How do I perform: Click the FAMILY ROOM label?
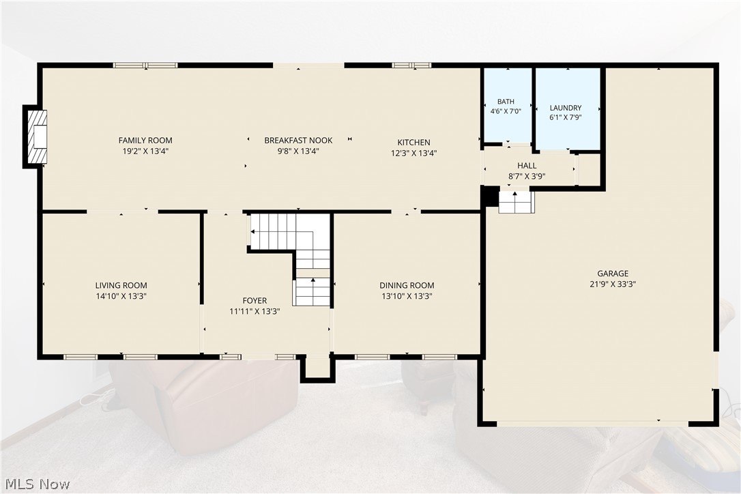[145, 141]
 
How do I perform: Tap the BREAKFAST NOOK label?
[298, 141]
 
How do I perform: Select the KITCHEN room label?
[413, 143]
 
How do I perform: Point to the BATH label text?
[506, 102]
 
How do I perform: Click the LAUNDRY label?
[565, 108]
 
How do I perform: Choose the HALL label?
[527, 165]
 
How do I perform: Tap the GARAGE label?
[613, 273]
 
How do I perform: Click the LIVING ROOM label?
[121, 285]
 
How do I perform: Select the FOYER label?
[255, 301]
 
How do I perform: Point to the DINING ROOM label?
[407, 285]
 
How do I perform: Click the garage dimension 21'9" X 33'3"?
[613, 284]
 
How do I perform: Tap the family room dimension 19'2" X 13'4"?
[145, 151]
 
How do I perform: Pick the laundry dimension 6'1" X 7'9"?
[565, 117]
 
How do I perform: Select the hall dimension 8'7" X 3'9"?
[527, 176]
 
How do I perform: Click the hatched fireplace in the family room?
[37, 136]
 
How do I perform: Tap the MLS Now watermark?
[38, 484]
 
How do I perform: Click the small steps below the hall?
[517, 201]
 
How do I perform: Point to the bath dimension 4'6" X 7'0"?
[506, 112]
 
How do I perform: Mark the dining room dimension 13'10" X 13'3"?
[407, 296]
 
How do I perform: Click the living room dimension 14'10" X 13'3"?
[121, 296]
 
